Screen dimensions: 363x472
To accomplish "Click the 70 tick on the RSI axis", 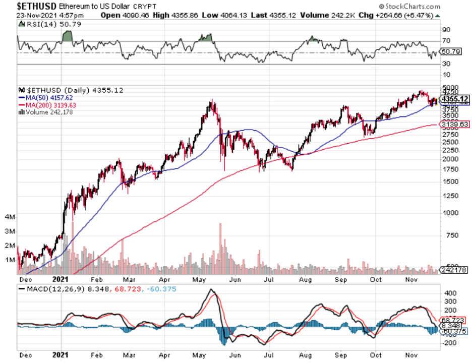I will tap(446, 40).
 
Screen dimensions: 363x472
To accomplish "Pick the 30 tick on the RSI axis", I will tap(446, 64).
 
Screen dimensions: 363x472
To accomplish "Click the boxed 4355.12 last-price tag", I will tap(455, 98).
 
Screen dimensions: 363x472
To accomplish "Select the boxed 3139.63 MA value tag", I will tap(455, 124).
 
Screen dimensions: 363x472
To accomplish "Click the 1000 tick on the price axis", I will tap(450, 212).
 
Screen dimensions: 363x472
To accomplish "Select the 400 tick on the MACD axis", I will tap(448, 292).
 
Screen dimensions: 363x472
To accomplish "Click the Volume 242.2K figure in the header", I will tap(319, 15).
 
